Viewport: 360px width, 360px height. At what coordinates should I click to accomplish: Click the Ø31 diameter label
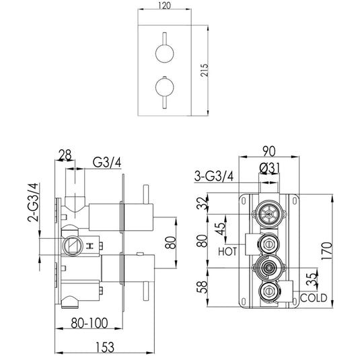[268, 168]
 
